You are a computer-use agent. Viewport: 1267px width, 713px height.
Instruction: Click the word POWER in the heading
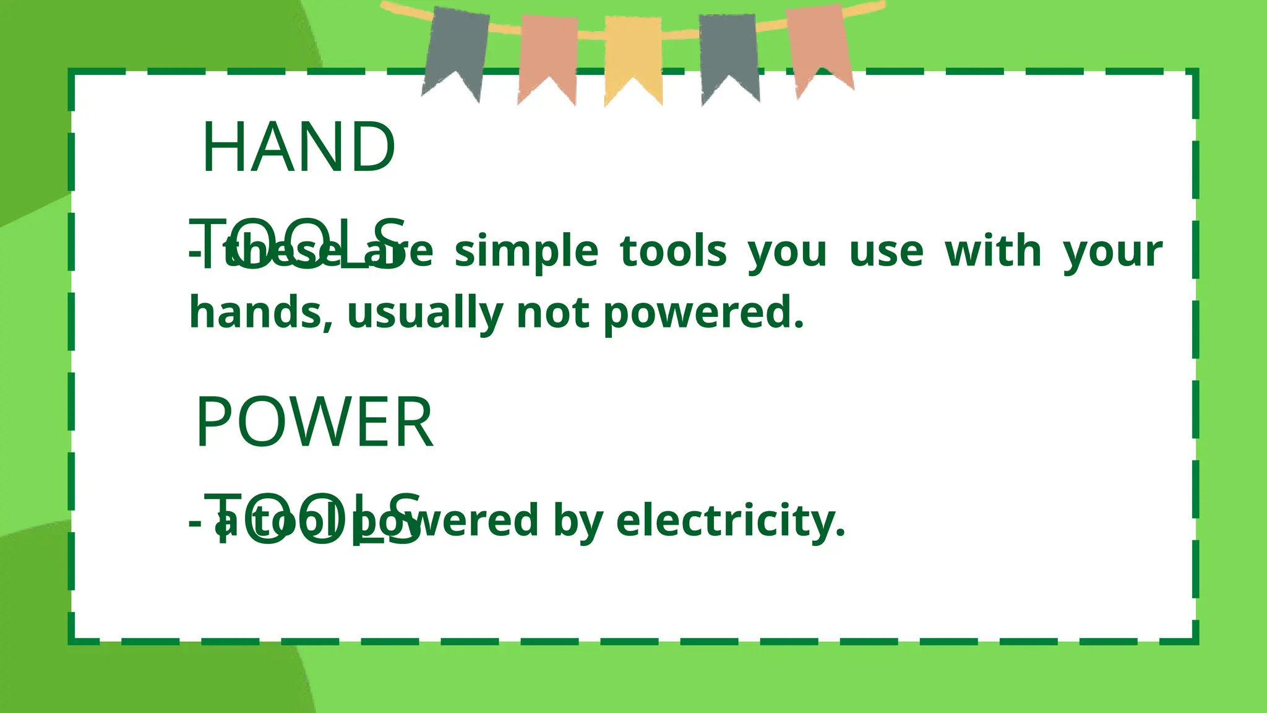coord(314,423)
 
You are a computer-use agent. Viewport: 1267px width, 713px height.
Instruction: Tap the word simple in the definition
coord(526,252)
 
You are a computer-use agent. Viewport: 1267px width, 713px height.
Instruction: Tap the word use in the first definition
coord(887,252)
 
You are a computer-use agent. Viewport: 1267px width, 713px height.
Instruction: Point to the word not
coord(552,313)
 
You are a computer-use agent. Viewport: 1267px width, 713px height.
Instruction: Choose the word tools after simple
coord(673,251)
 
